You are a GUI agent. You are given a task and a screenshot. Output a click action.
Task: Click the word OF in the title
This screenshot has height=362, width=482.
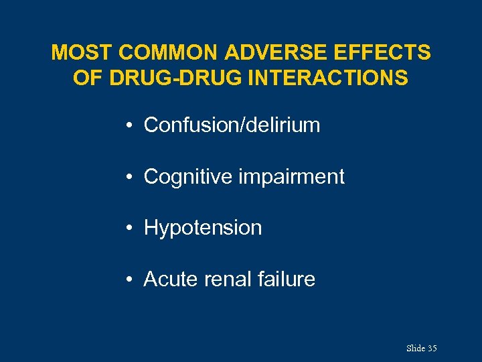(86, 78)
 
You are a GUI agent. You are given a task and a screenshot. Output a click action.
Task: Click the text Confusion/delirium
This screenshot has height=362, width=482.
(232, 125)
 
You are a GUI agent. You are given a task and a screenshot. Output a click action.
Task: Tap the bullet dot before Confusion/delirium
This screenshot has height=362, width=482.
(128, 125)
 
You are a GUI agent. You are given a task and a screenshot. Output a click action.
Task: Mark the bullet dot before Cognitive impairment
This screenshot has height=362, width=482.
(128, 177)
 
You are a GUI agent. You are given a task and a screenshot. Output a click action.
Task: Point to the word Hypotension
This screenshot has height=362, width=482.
(203, 228)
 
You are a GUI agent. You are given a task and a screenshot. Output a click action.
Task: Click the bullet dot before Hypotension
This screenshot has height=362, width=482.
(128, 228)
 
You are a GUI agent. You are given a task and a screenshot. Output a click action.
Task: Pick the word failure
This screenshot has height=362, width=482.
(287, 279)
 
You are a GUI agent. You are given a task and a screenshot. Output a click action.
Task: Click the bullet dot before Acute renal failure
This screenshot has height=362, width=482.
(128, 280)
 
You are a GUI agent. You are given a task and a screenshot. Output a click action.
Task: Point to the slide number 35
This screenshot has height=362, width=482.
(432, 349)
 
